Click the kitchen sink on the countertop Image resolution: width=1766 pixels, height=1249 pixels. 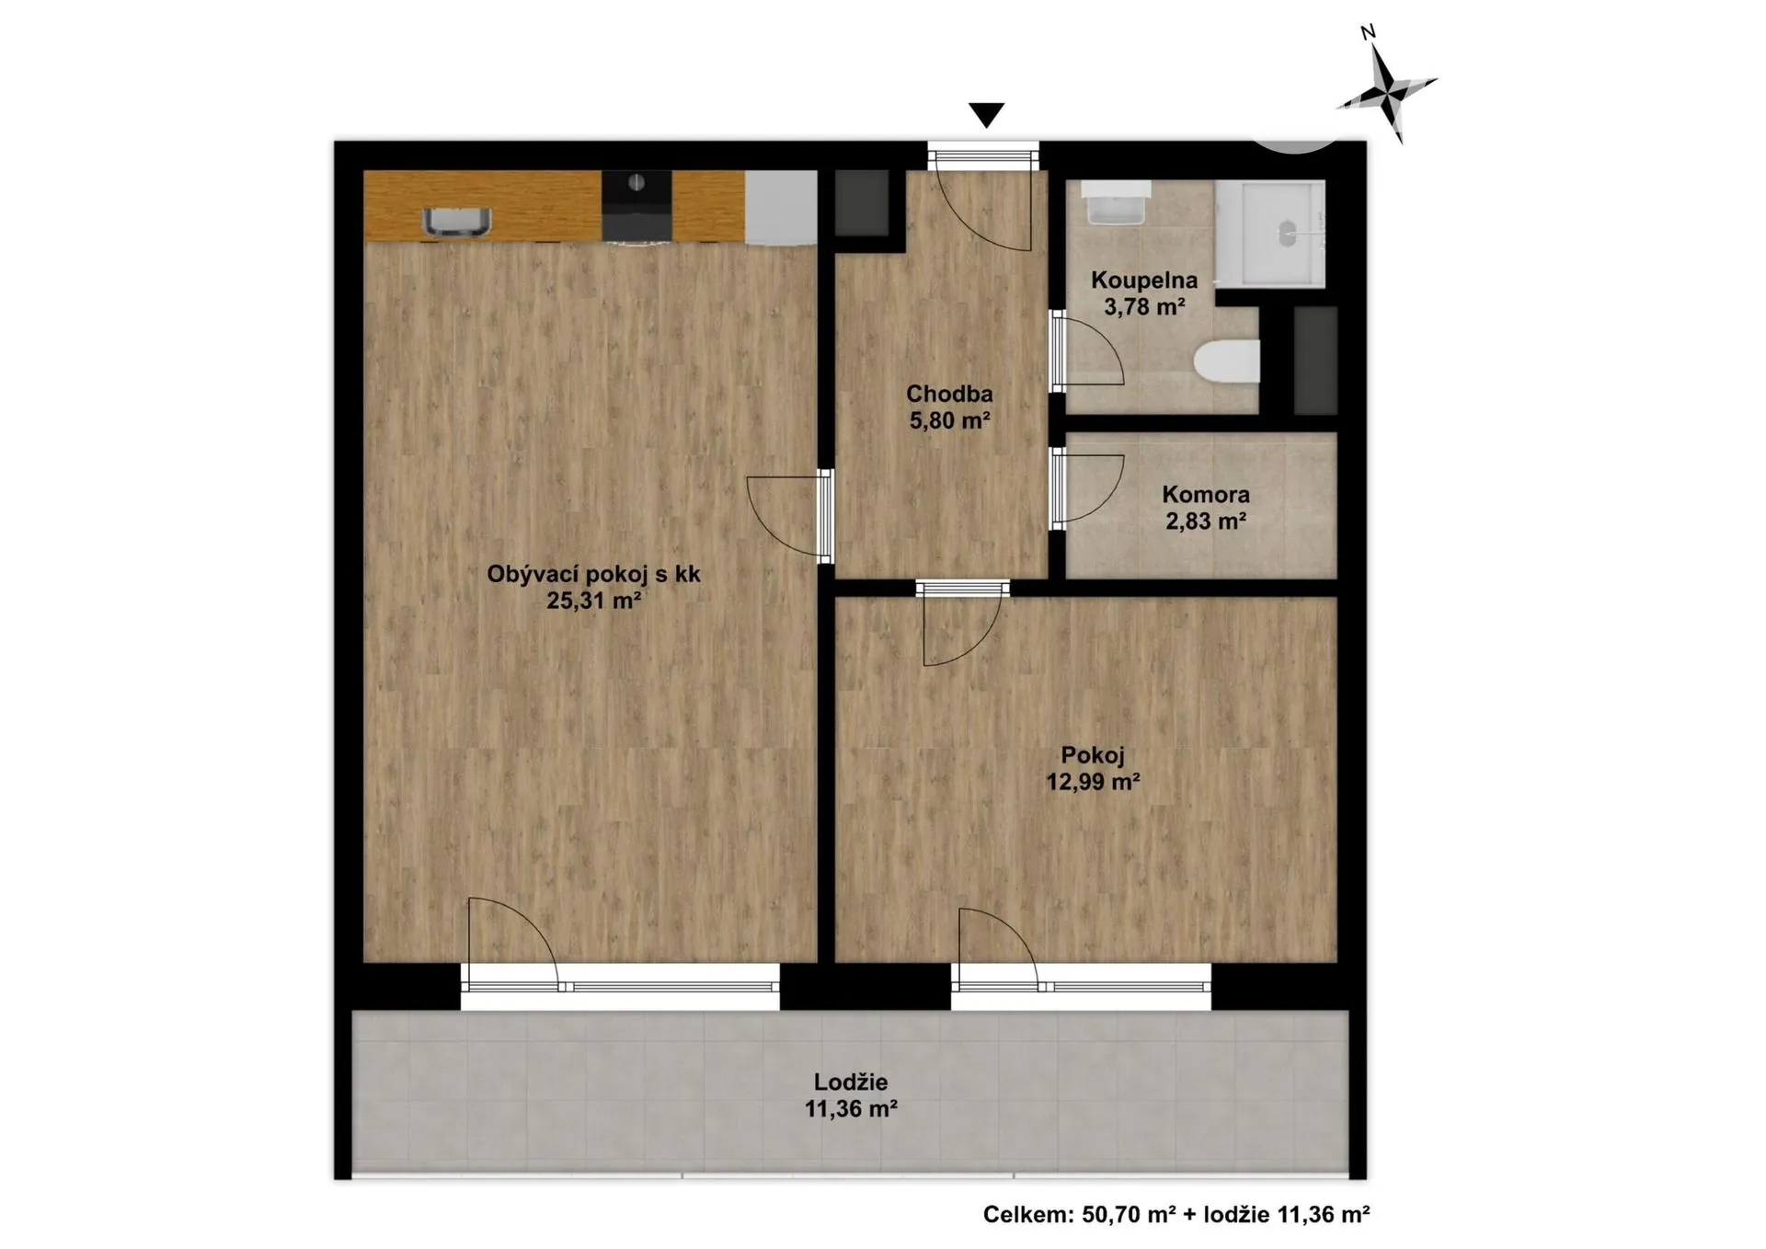[x=456, y=222]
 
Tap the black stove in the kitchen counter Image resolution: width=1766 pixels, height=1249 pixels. [x=636, y=207]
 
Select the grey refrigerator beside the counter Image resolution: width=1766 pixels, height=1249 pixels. [x=781, y=208]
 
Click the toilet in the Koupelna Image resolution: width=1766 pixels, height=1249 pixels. [x=1226, y=360]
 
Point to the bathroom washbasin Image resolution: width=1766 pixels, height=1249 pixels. [x=1116, y=202]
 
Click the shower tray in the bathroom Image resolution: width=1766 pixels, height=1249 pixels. [x=1270, y=234]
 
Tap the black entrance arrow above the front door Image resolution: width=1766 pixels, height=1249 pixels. [x=986, y=115]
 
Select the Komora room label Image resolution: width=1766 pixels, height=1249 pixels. [x=1206, y=495]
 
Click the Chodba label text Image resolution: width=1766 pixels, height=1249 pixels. [x=949, y=395]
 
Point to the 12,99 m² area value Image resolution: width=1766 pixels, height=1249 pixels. [x=1093, y=783]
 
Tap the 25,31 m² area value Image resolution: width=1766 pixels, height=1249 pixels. [x=593, y=602]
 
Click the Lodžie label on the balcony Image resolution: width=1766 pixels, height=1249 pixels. [x=851, y=1083]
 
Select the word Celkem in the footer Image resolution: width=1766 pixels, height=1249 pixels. [x=1027, y=1215]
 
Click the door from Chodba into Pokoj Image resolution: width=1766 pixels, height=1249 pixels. [x=962, y=624]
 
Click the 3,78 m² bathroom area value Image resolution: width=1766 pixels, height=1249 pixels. [x=1144, y=307]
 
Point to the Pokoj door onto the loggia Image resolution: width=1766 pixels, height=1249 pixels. [x=1000, y=950]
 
